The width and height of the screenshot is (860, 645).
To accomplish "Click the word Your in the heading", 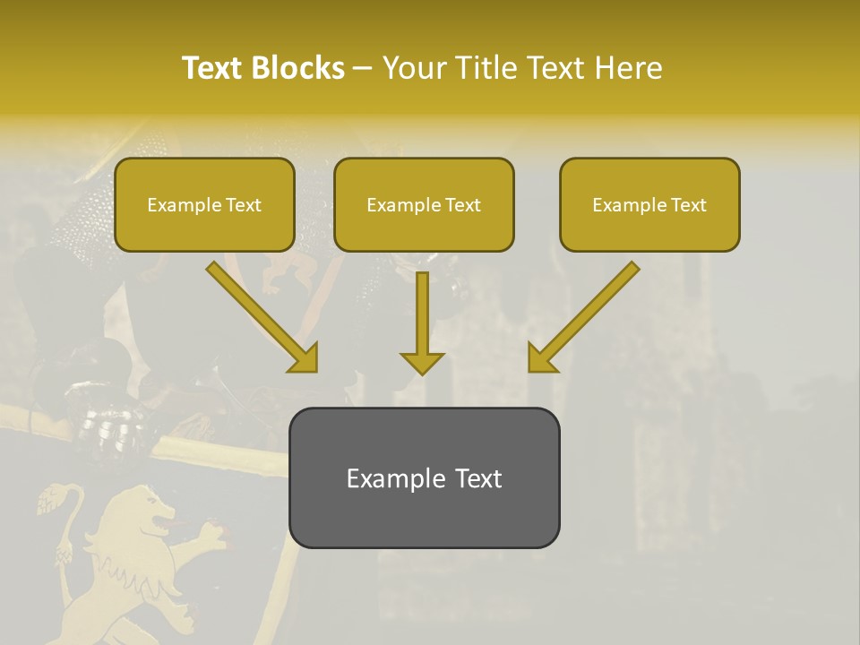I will pos(413,68).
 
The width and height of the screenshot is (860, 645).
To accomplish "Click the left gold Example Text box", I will pos(204,205).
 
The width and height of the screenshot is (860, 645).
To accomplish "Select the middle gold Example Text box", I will pos(424,205).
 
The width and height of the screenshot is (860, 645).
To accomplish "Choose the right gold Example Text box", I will pos(649,205).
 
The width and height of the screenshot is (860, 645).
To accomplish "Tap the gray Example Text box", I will pos(424,477).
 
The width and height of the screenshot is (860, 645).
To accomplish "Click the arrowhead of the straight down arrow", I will pos(422,362).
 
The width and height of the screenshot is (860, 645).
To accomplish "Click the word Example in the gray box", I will pos(383,477).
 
